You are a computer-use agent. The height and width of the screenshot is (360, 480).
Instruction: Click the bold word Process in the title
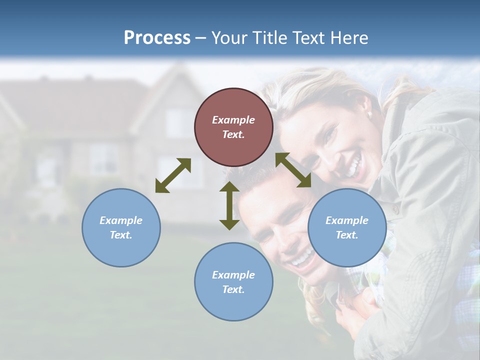coord(157,37)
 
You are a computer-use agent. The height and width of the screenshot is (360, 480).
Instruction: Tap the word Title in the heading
coord(268,37)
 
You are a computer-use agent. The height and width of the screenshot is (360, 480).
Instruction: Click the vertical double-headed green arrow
coord(229,205)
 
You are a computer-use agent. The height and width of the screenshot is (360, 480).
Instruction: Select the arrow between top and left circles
coord(173,175)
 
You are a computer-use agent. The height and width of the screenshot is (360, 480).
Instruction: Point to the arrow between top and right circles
coord(293,170)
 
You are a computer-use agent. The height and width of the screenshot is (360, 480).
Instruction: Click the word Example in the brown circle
coord(233,120)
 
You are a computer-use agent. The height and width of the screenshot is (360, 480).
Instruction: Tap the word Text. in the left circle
coord(121,235)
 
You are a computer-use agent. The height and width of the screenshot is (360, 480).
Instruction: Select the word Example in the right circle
coord(347,220)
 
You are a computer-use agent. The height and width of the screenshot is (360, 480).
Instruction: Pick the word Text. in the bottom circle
coord(233,289)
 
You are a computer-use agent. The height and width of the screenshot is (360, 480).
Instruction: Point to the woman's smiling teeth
coord(354,165)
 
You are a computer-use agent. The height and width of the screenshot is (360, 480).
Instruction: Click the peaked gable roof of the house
coord(172,80)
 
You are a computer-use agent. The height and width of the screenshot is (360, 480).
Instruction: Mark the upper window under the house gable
coord(178,123)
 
